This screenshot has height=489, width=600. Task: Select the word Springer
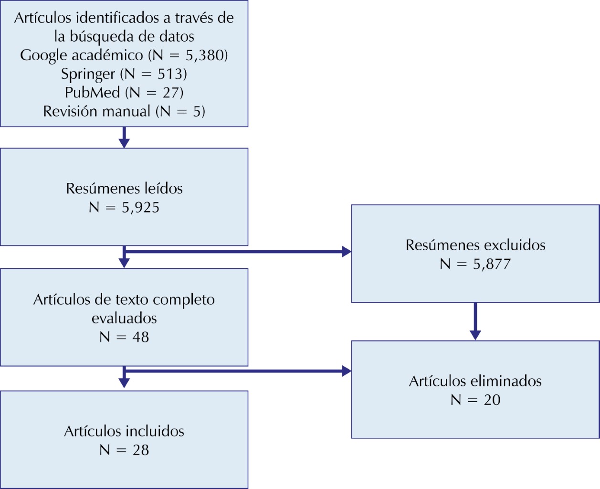point(88,74)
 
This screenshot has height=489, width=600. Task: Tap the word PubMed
point(92,93)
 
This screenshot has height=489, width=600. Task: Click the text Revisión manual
point(97,111)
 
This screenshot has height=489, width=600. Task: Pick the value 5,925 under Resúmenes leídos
point(140,208)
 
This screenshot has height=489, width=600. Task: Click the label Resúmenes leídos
point(124,189)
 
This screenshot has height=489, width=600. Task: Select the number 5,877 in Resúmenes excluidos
point(492,264)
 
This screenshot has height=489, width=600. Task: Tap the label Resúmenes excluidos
point(475,245)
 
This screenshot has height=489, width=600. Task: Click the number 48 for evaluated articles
point(140,337)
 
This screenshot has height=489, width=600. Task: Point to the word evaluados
point(124,319)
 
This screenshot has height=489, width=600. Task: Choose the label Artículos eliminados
point(475,381)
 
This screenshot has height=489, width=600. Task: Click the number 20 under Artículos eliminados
point(492,400)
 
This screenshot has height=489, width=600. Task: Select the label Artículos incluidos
point(124,431)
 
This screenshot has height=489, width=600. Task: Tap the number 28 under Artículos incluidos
point(140,450)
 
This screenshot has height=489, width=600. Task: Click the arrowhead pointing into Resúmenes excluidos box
point(347,252)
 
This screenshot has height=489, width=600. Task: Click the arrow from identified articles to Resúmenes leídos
point(124,138)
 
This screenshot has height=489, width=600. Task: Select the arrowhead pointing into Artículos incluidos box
point(124,383)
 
